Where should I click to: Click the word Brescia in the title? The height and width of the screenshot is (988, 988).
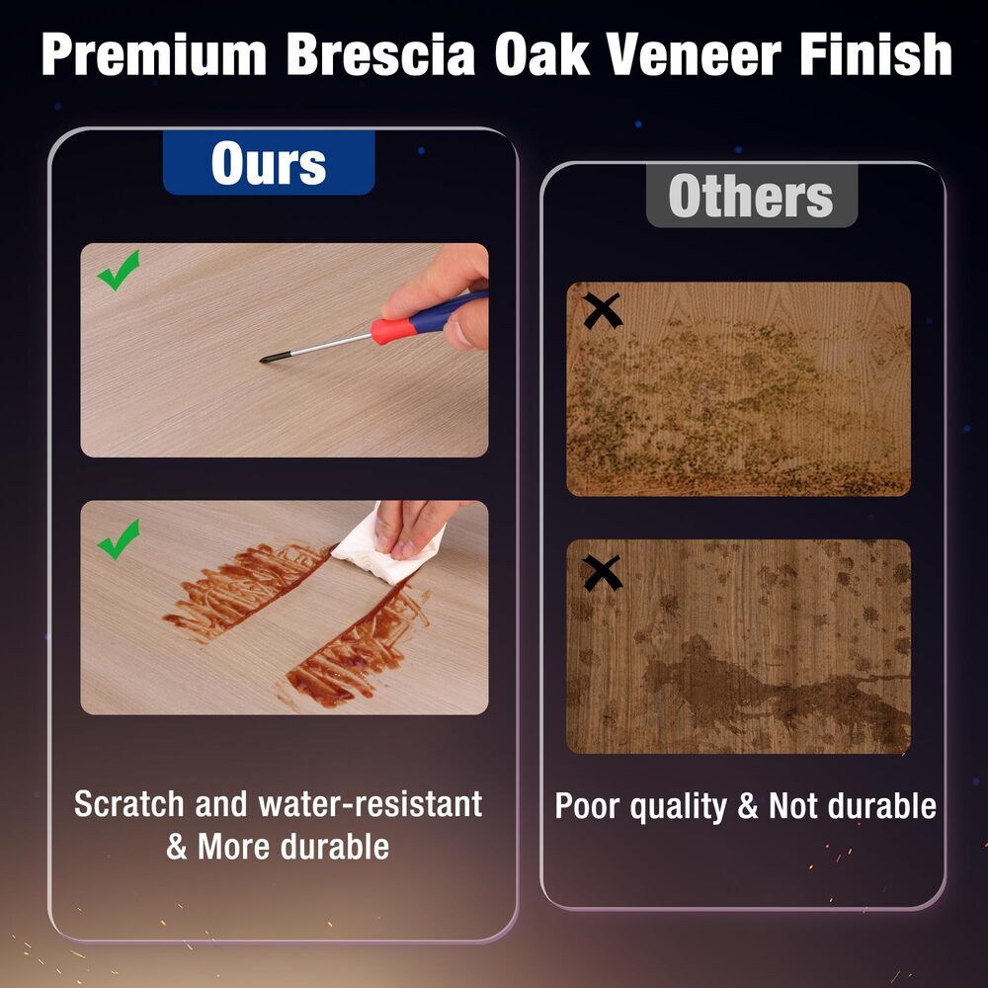pyautogui.click(x=380, y=54)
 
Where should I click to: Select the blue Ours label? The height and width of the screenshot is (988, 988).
pyautogui.click(x=269, y=163)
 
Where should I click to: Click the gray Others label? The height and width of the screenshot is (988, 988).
pyautogui.click(x=752, y=196)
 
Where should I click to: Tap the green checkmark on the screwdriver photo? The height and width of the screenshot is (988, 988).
pyautogui.click(x=119, y=271)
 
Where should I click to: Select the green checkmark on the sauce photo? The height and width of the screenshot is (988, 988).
pyautogui.click(x=119, y=539)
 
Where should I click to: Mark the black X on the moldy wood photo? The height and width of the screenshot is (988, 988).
pyautogui.click(x=603, y=310)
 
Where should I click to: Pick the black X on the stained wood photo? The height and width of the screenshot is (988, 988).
pyautogui.click(x=603, y=573)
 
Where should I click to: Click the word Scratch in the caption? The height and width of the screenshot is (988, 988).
pyautogui.click(x=129, y=804)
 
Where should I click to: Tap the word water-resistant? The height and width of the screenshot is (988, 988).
pyautogui.click(x=370, y=804)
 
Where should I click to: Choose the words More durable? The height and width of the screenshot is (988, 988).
pyautogui.click(x=293, y=847)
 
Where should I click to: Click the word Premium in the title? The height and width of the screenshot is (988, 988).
pyautogui.click(x=154, y=54)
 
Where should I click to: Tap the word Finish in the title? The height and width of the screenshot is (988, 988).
pyautogui.click(x=875, y=54)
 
